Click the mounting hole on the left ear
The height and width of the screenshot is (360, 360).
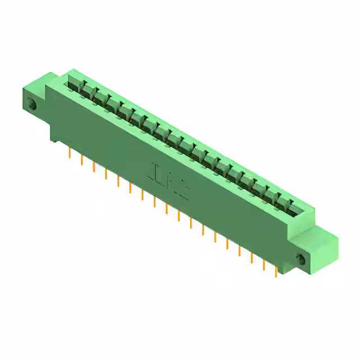(31, 104)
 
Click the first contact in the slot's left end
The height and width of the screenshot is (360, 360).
(74, 83)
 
